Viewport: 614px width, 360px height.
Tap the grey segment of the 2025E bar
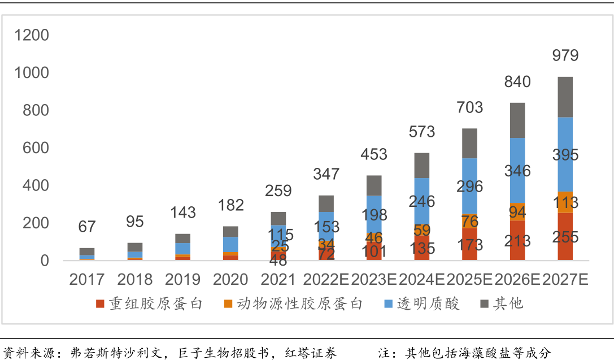469,143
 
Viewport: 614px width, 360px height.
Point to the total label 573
421,132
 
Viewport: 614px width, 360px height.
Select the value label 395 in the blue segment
565,155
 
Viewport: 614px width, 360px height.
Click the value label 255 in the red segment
565,237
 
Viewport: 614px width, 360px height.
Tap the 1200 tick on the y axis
32,36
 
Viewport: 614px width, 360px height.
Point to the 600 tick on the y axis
36,148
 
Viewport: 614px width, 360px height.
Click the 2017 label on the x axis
87,279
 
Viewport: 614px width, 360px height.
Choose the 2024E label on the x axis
422,279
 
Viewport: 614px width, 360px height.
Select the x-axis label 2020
230,279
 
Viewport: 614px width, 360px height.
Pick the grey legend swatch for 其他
484,304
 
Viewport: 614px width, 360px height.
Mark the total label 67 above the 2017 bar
87,227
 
